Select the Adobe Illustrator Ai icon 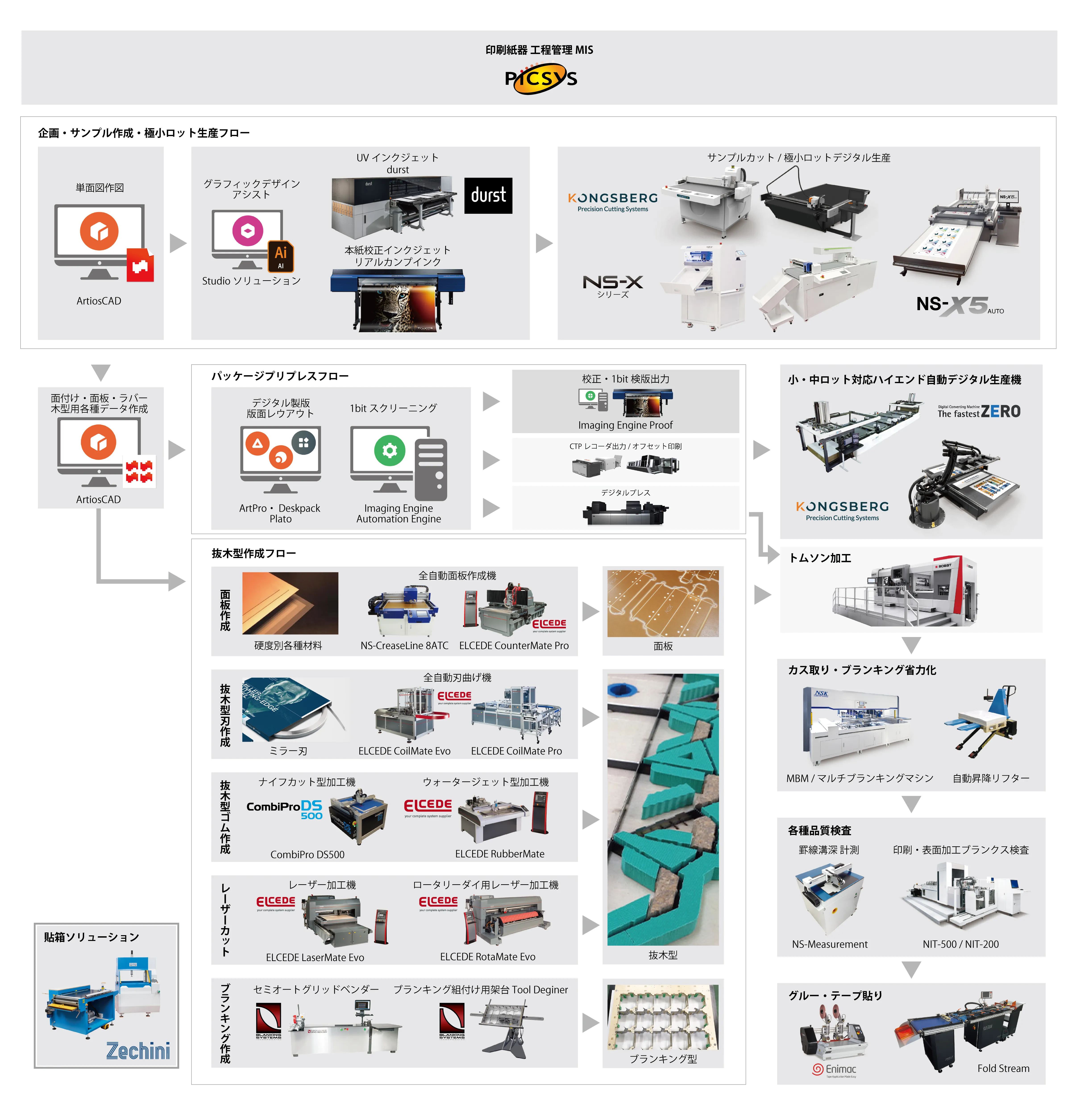tap(280, 256)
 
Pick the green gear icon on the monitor tap(390, 451)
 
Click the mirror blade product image tap(295, 709)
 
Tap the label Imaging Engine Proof tap(625, 425)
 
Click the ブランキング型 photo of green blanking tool tap(663, 1017)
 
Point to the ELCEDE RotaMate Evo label tap(488, 957)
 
